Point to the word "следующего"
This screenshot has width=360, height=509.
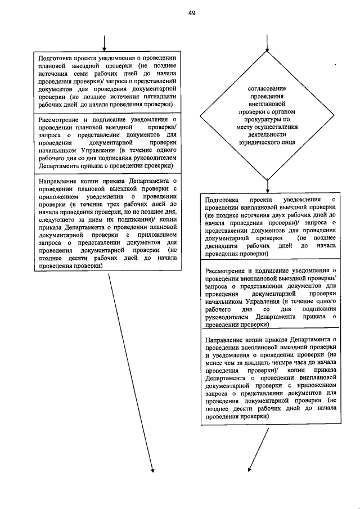(56, 220)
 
